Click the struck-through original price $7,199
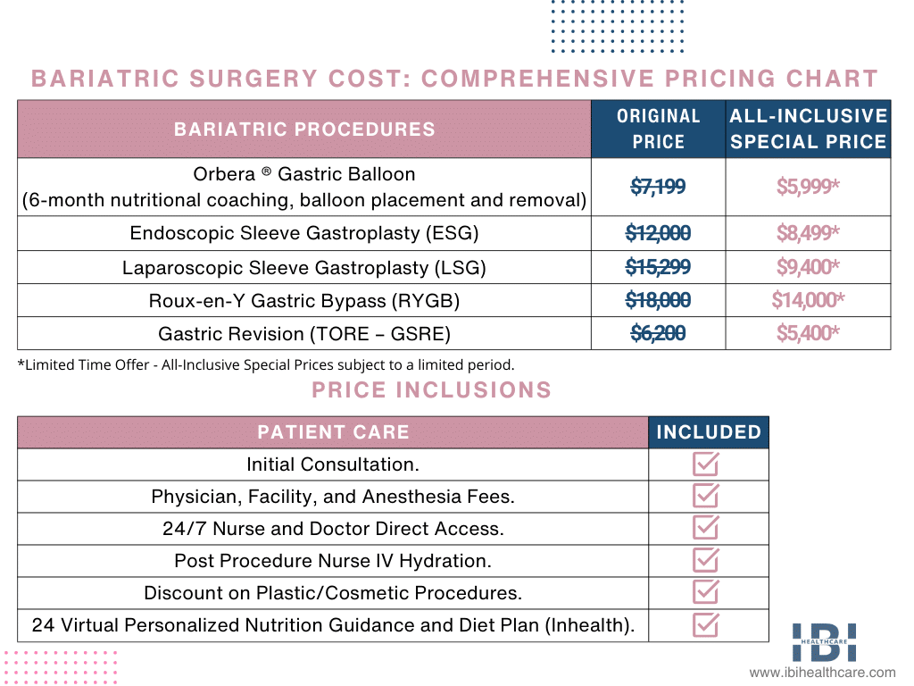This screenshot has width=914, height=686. (x=658, y=187)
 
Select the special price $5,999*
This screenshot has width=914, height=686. (x=808, y=187)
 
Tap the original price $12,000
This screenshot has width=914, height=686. (x=658, y=233)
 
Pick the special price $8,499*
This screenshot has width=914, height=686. (x=808, y=233)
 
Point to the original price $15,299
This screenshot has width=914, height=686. (x=658, y=267)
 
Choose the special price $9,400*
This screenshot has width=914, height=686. (x=808, y=267)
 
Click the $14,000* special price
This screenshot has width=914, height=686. (x=808, y=300)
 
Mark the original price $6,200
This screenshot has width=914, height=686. (x=658, y=333)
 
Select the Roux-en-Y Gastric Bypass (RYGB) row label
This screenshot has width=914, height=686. (x=304, y=301)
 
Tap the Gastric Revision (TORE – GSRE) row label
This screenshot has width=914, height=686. (x=304, y=334)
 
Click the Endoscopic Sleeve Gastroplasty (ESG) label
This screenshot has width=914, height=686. (x=304, y=234)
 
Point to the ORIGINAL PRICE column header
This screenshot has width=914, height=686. (x=659, y=129)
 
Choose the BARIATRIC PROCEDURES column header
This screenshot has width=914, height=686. (x=304, y=129)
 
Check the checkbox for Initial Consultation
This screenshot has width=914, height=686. (x=707, y=464)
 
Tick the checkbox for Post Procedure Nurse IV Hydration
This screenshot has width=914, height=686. (x=707, y=561)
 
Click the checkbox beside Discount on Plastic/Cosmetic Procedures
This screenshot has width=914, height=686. (x=707, y=593)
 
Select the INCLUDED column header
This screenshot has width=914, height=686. (x=709, y=432)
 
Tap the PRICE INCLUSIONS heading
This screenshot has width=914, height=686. (x=431, y=390)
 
